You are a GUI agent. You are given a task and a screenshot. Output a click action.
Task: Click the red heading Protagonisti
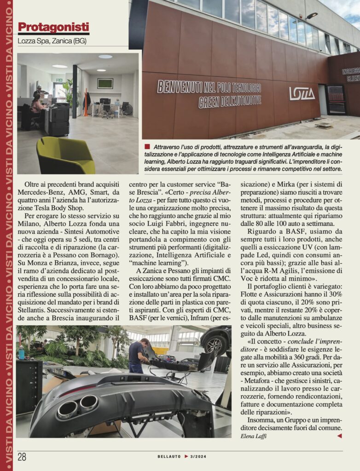(x=53, y=28)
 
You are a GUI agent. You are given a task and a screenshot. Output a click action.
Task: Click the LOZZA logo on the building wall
(x=302, y=93)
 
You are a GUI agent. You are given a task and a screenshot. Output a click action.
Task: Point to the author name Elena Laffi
(x=254, y=436)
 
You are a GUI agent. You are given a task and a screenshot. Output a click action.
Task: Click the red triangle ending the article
(x=339, y=436)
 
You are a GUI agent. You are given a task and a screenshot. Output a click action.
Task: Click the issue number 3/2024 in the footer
(x=200, y=456)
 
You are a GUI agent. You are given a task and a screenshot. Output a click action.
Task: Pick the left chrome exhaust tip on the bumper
(x=68, y=409)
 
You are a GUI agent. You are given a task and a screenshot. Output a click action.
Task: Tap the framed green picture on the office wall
(x=105, y=83)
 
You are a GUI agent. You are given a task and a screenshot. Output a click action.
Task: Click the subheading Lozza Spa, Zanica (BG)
(x=52, y=41)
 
